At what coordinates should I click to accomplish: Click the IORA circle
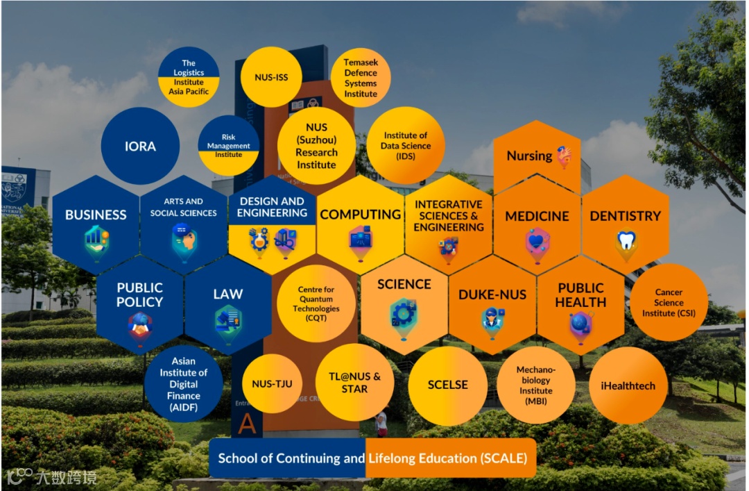click(140, 146)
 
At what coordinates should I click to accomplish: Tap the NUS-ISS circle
click(271, 76)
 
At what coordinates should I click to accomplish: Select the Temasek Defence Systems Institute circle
click(361, 78)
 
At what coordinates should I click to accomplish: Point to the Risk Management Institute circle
click(228, 146)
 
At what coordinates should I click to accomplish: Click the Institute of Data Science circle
click(406, 145)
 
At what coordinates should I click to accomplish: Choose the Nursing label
click(530, 156)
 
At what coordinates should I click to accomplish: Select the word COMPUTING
click(360, 215)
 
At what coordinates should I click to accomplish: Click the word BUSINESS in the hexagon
click(96, 215)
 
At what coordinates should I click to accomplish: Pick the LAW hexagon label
click(227, 294)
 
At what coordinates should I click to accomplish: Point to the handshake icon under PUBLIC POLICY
click(140, 324)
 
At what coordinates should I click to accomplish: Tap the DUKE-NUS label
click(492, 294)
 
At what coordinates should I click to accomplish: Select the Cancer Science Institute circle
click(669, 303)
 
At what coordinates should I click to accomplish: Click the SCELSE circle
click(447, 385)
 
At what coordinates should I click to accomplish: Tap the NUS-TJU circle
click(271, 383)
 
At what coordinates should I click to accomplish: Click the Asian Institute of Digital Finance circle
click(183, 384)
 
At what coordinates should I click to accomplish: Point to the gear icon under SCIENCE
click(404, 314)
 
